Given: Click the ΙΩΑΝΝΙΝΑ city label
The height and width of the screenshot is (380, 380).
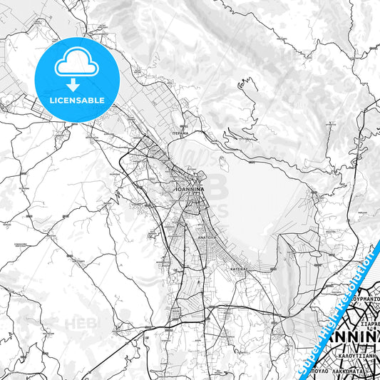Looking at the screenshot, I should (190, 190).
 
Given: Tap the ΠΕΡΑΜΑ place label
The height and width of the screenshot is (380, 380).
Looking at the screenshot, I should (180, 133).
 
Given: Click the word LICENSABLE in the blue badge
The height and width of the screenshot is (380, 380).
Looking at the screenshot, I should (77, 100).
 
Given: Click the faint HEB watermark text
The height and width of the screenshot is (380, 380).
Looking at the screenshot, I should (78, 324).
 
